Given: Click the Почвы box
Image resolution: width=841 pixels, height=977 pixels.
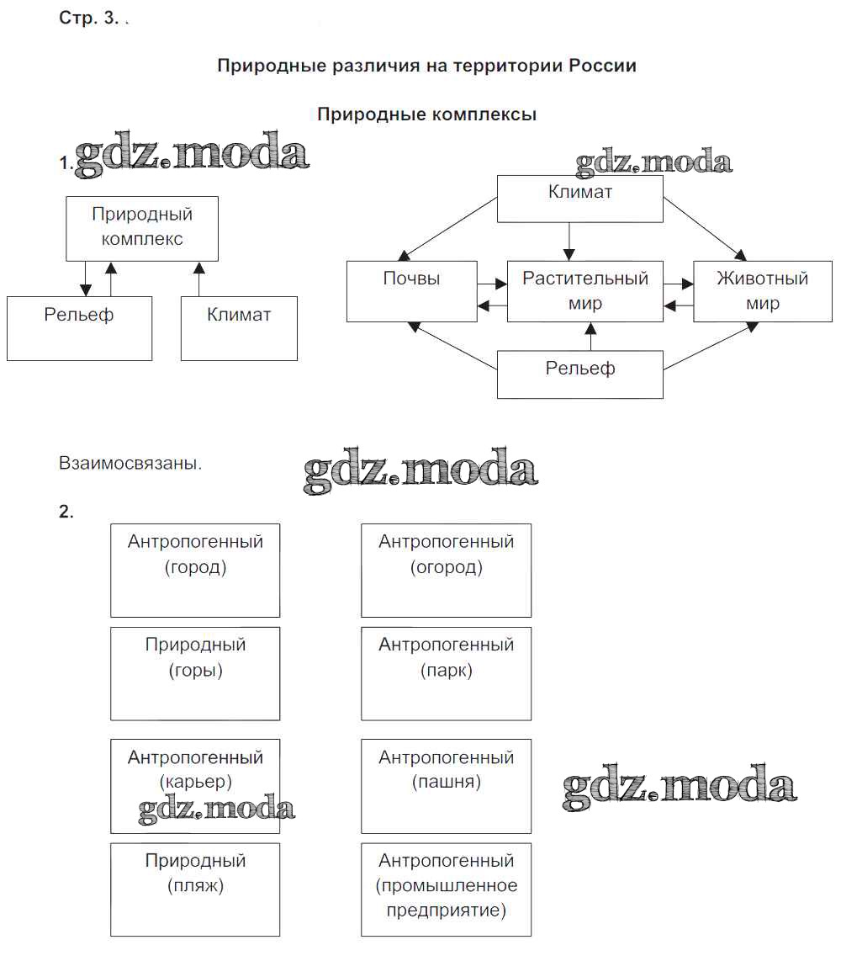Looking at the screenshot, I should click(412, 291).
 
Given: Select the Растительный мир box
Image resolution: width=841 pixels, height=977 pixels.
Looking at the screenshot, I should click(585, 291).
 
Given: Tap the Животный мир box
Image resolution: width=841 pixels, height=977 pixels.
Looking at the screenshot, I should click(762, 291).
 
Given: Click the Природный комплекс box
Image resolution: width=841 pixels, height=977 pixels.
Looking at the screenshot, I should click(142, 228).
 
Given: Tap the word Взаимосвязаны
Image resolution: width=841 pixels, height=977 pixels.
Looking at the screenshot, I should click(130, 463).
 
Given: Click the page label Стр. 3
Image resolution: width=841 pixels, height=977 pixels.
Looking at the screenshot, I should click(89, 19).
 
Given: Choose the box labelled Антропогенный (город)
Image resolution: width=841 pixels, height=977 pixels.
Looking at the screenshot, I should click(195, 570).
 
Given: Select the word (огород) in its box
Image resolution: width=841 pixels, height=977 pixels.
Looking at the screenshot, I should click(447, 567).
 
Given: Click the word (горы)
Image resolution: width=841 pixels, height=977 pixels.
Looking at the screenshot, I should click(195, 671).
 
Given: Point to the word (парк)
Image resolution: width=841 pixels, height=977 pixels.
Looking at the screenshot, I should click(447, 671).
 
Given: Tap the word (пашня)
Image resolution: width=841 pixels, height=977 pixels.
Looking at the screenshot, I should click(447, 782).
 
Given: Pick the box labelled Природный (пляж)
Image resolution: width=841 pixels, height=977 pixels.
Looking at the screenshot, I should click(195, 889).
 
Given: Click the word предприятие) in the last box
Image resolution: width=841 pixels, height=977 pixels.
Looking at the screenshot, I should click(447, 911).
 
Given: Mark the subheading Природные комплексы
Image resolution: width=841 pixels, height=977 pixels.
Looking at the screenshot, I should click(426, 114).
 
